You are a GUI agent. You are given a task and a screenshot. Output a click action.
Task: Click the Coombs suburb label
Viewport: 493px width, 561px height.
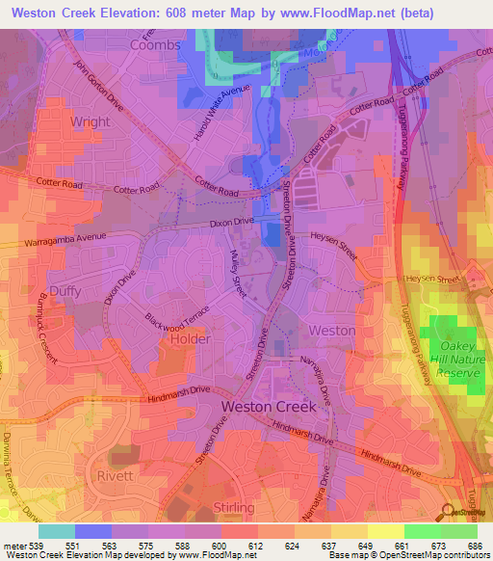click(155, 45)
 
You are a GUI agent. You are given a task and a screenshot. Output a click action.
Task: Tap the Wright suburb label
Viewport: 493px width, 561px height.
click(91, 122)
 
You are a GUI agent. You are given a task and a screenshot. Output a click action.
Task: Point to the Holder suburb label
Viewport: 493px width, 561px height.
click(189, 339)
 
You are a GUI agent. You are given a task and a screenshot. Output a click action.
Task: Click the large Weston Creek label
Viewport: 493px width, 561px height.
click(270, 407)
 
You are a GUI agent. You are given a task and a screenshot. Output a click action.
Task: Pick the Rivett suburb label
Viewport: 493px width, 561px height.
click(117, 476)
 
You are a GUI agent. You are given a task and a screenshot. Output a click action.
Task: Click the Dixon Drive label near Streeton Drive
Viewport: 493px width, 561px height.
click(231, 223)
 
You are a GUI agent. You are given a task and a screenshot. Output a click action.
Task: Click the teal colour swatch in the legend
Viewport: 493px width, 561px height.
click(57, 531)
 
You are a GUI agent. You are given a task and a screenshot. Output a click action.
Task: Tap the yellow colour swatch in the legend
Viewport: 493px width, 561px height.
click(386, 531)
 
